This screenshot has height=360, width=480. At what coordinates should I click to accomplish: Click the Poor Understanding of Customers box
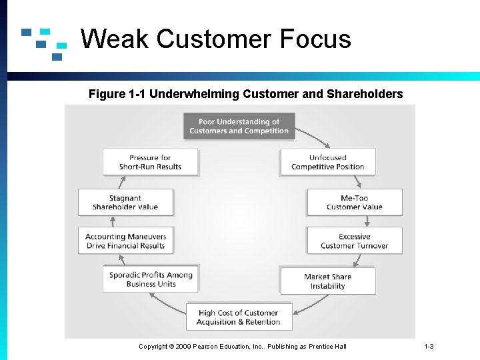tap(239, 126)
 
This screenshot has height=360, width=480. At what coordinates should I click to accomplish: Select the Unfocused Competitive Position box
tap(327, 162)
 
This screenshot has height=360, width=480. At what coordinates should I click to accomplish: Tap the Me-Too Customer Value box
tap(354, 203)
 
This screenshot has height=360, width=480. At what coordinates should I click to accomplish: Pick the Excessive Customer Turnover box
tap(354, 241)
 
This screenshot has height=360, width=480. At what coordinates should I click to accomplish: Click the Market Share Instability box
tap(327, 281)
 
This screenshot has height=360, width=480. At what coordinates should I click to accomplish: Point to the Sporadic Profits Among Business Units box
tap(151, 279)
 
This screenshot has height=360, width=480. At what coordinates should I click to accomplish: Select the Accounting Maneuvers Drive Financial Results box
tap(125, 241)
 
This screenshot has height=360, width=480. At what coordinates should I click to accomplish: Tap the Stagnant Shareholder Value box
tap(125, 203)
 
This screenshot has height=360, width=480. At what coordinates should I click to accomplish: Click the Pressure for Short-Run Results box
tap(151, 162)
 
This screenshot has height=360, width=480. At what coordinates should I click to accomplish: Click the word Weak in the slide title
tap(115, 39)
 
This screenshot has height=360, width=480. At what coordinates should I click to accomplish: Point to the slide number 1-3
tap(429, 347)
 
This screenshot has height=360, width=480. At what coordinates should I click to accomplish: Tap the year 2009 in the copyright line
tap(185, 347)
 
